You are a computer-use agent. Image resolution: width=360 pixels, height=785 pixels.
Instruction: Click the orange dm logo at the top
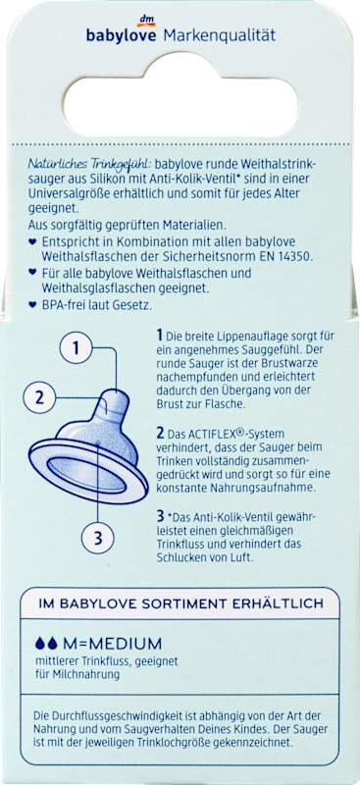click(146, 21)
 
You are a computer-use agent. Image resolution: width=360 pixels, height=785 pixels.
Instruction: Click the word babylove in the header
click(122, 36)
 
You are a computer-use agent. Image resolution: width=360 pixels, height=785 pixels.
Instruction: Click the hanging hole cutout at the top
click(180, 96)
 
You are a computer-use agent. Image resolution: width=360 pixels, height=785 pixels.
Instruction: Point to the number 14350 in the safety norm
click(295, 256)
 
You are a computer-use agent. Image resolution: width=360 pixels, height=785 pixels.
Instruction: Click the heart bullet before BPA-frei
click(32, 304)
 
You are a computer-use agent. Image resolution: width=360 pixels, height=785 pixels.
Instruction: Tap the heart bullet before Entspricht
click(32, 241)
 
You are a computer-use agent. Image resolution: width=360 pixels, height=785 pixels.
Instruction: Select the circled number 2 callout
click(39, 398)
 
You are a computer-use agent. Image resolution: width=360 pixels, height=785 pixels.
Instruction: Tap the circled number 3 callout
click(98, 538)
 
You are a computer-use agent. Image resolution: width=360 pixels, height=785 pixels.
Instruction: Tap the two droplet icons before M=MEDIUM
click(45, 644)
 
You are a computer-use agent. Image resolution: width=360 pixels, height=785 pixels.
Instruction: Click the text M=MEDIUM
click(112, 644)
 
